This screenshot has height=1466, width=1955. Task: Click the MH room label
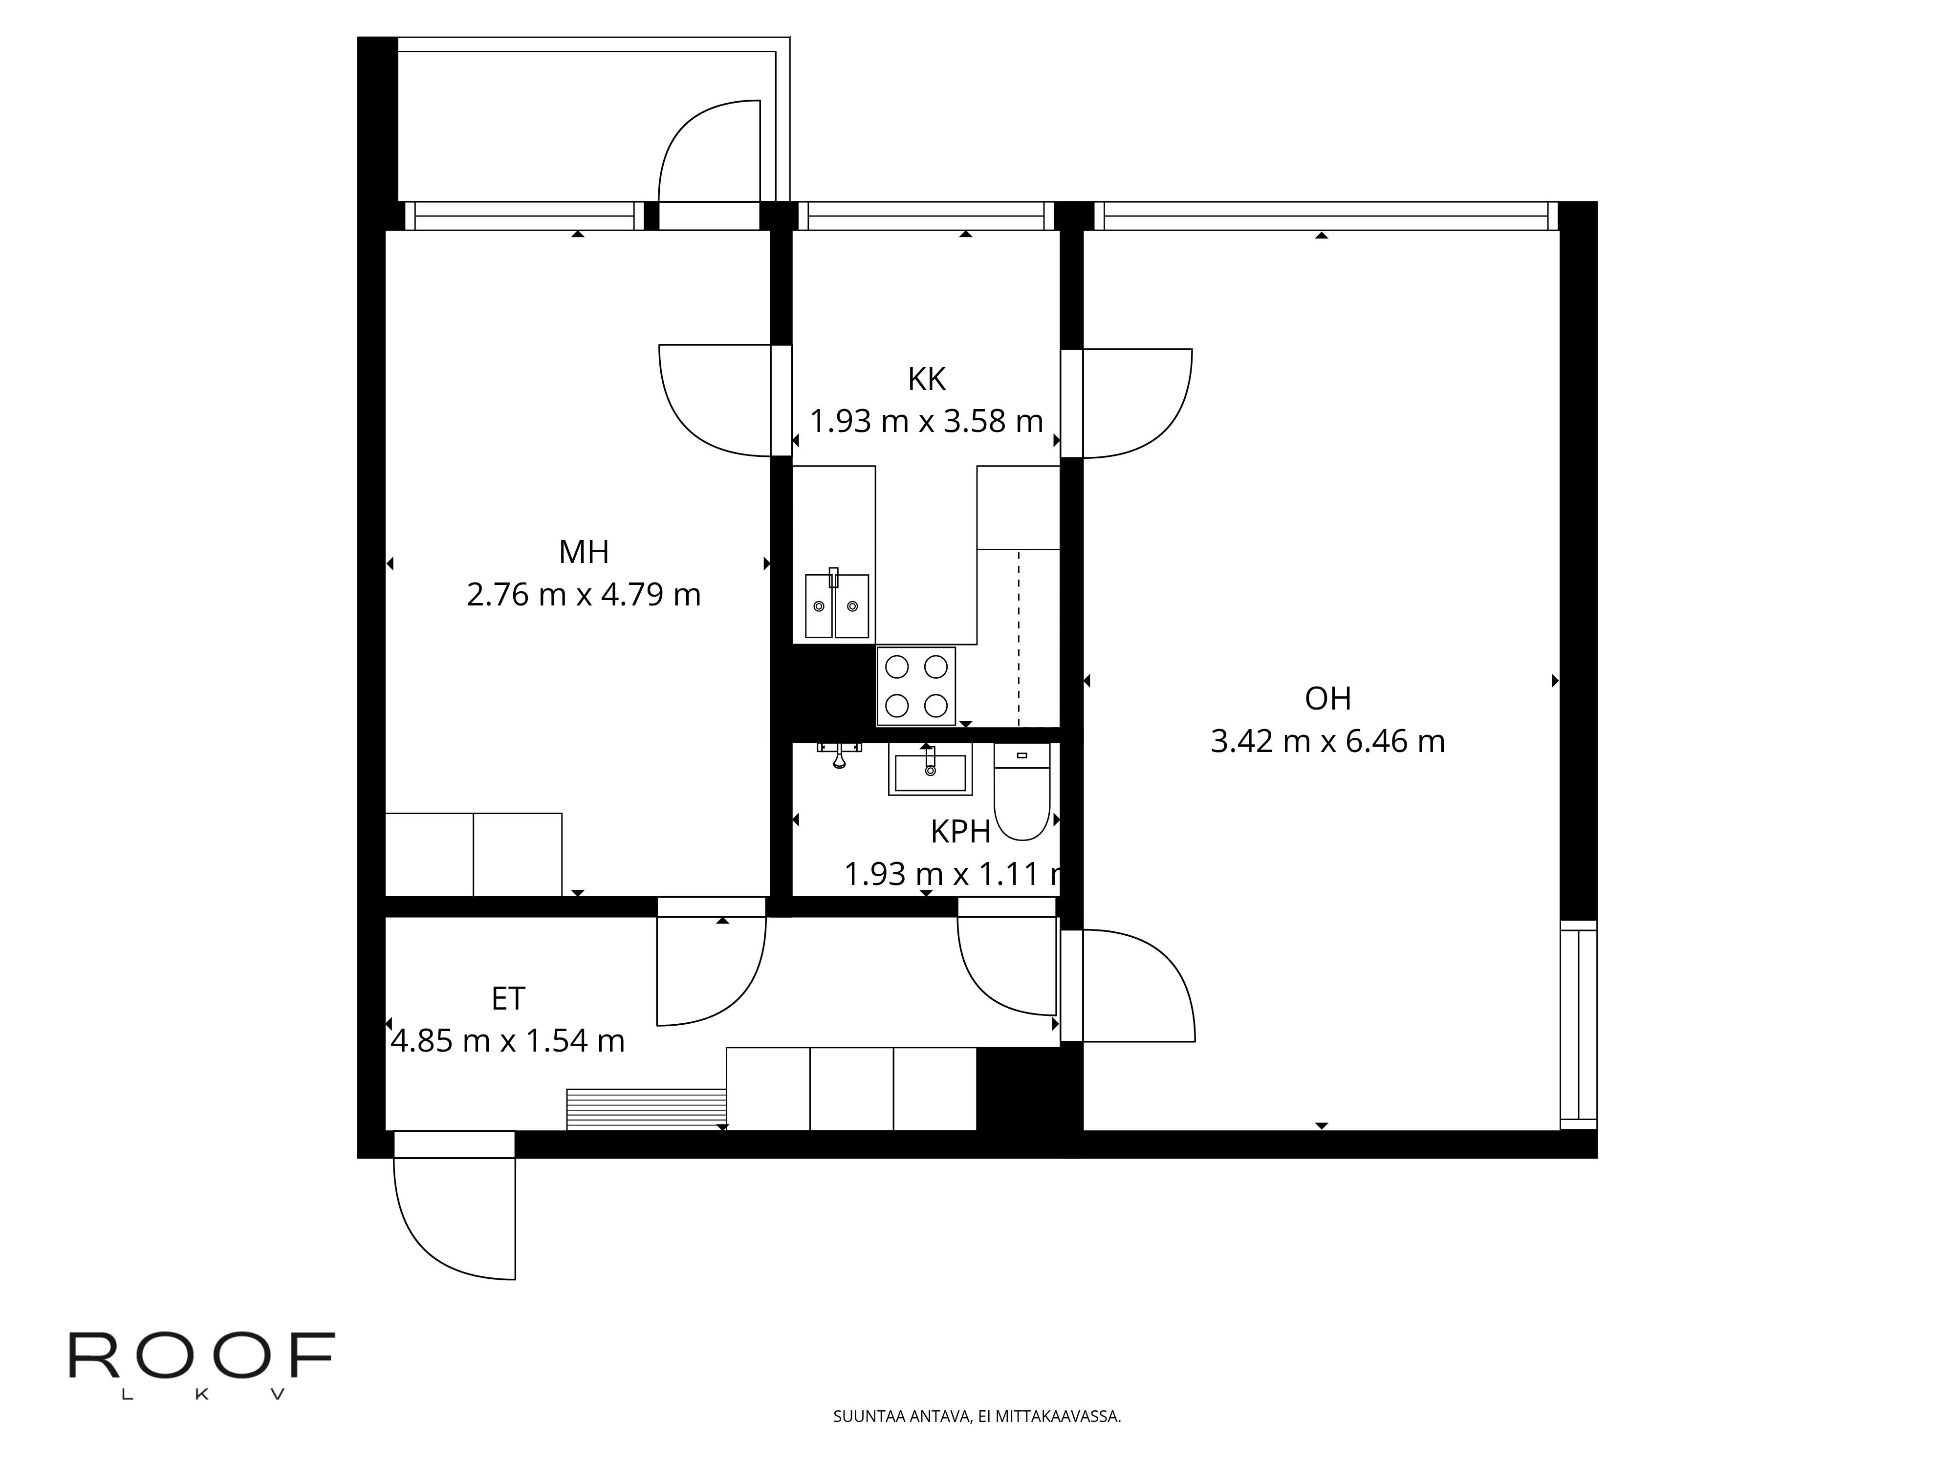click(583, 552)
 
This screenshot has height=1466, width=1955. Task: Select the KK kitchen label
click(926, 379)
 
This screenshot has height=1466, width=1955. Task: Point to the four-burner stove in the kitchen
click(915, 686)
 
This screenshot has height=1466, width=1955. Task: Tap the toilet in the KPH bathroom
click(1021, 791)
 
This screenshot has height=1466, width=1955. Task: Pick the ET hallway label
click(508, 998)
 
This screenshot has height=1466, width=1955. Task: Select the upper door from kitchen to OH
click(1136, 403)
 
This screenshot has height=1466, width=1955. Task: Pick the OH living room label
click(1327, 699)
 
